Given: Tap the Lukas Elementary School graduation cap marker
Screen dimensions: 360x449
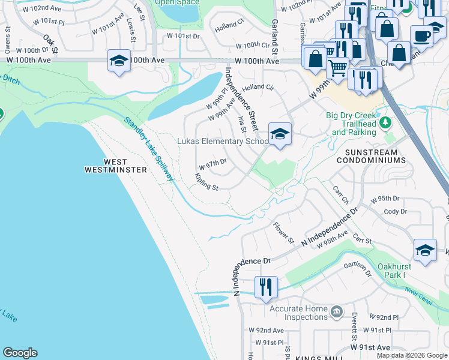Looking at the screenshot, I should click(x=279, y=134).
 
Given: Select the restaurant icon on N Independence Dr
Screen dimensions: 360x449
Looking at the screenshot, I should click(x=265, y=286).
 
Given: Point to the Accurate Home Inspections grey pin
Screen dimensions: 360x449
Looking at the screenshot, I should click(x=337, y=311).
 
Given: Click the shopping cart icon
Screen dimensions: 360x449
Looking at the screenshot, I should click(x=338, y=69).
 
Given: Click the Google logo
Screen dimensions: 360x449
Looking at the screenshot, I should click(x=20, y=353).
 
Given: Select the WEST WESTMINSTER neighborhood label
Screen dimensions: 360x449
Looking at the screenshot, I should click(x=116, y=166).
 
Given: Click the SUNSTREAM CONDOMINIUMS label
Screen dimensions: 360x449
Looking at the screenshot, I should click(x=371, y=156).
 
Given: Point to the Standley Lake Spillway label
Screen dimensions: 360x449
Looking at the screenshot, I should click(x=149, y=148).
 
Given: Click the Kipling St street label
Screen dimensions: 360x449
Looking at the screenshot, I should click(x=206, y=182).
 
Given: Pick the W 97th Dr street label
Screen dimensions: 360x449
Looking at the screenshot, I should click(x=212, y=163).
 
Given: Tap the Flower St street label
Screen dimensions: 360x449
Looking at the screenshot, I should click(x=283, y=233).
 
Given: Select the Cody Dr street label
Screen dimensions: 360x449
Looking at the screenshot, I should click(x=395, y=212).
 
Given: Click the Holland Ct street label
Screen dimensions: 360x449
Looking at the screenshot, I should click(x=229, y=26).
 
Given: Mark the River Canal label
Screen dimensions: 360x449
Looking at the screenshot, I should click(x=420, y=295).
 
